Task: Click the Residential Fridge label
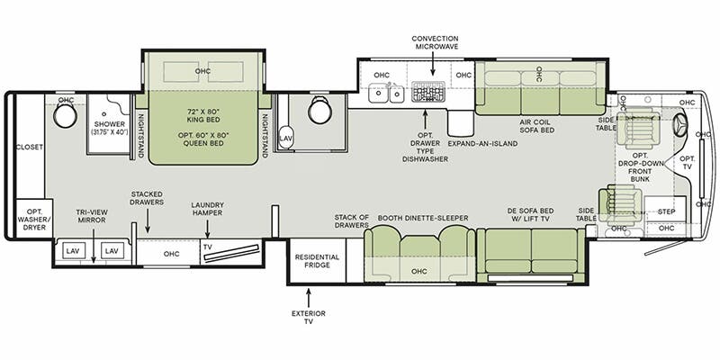[317, 262]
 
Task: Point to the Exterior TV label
[308, 318]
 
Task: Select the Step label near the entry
[667, 211]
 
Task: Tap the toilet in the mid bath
[319, 112]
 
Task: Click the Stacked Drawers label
[147, 199]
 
